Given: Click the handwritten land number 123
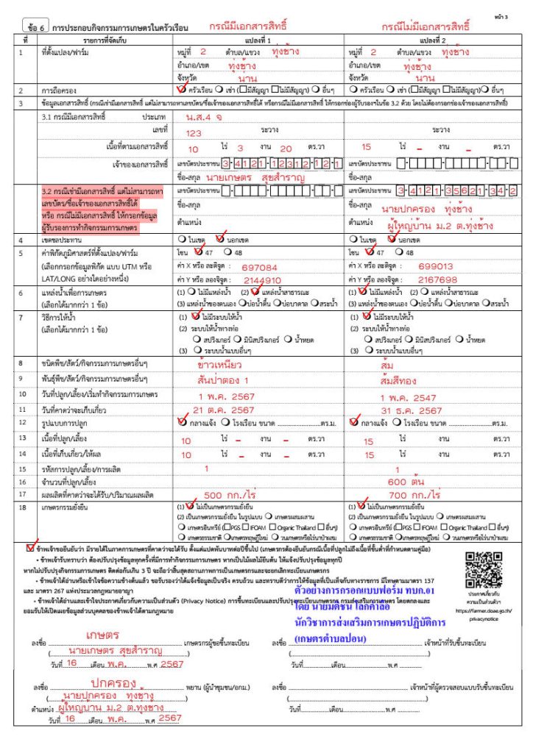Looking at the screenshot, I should (194, 132).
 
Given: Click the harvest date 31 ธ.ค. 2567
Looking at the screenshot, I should (407, 410).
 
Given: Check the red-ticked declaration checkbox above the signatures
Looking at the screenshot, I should (29, 546).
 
